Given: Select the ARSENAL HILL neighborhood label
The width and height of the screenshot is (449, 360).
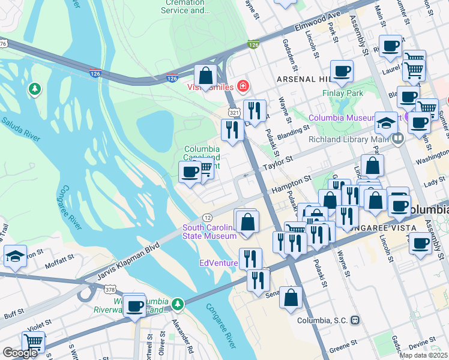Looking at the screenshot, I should tap(302, 79).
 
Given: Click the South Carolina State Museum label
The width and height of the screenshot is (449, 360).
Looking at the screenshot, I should tap(209, 232).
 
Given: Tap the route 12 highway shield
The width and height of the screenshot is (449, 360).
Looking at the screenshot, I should tap(207, 217).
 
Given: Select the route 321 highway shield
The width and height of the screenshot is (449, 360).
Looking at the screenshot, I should tap(234, 112).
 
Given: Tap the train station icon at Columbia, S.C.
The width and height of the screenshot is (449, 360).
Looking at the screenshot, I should tap(355, 320).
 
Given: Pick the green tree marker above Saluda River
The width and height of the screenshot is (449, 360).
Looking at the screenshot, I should tap(35, 89).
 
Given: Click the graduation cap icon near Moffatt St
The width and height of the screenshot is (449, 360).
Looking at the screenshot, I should tap(15, 256).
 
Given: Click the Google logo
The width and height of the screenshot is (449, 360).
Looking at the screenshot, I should tap(20, 353).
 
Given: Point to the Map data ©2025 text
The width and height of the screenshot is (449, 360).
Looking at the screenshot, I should tap(423, 355).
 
